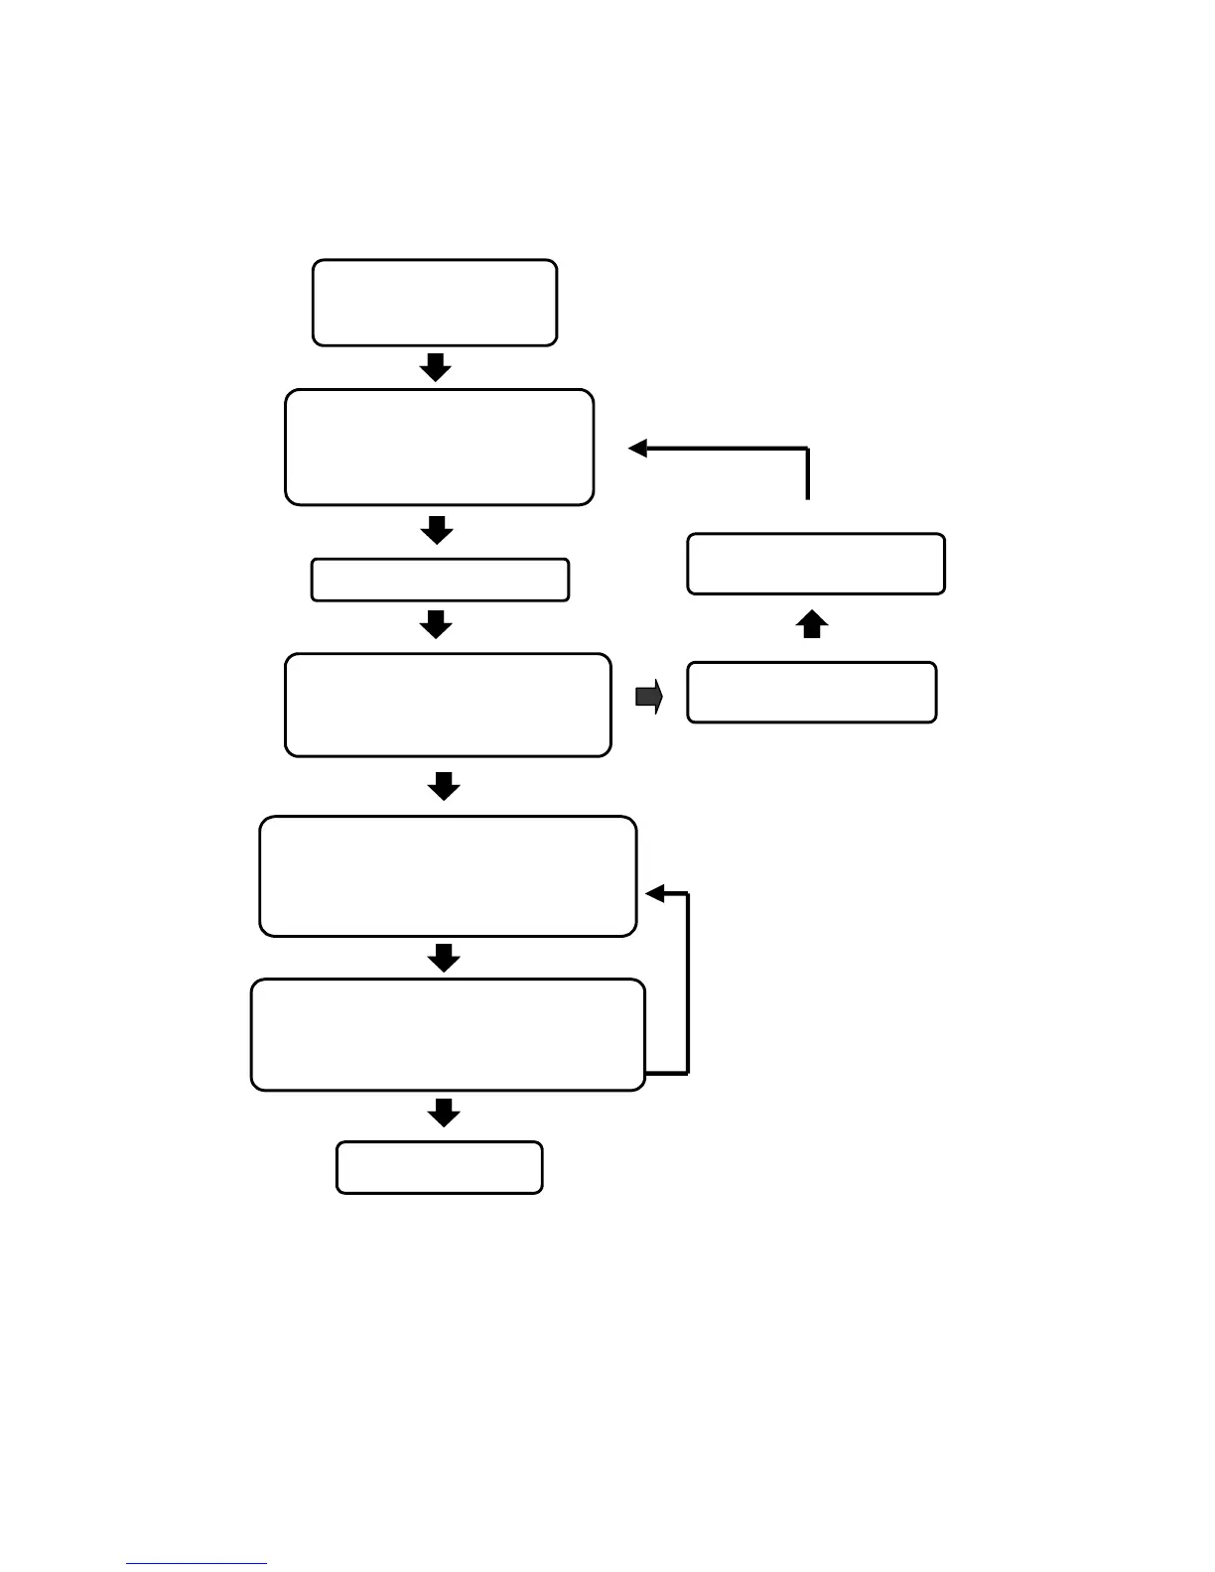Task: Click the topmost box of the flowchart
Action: (x=435, y=303)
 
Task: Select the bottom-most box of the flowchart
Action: (x=440, y=1167)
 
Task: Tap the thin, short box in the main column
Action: (x=440, y=580)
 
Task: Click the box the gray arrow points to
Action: (x=812, y=692)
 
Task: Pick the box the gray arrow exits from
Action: (x=448, y=705)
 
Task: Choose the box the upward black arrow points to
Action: (x=816, y=564)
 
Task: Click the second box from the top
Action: (x=440, y=448)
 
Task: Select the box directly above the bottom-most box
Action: (x=448, y=1035)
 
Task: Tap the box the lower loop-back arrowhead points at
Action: (x=448, y=876)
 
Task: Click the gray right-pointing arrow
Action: (x=649, y=698)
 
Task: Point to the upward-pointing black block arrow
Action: (x=813, y=625)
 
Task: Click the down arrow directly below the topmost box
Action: (x=435, y=367)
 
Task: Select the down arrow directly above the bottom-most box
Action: (x=444, y=1113)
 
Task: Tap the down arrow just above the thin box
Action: (x=437, y=531)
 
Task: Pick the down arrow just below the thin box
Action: (x=437, y=625)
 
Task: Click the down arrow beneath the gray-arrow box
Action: (x=444, y=786)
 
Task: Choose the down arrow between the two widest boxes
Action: (x=444, y=958)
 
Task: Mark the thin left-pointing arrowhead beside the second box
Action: (x=638, y=449)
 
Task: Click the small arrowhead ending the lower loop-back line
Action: (x=654, y=894)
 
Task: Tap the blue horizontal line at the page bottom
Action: (x=197, y=1563)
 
